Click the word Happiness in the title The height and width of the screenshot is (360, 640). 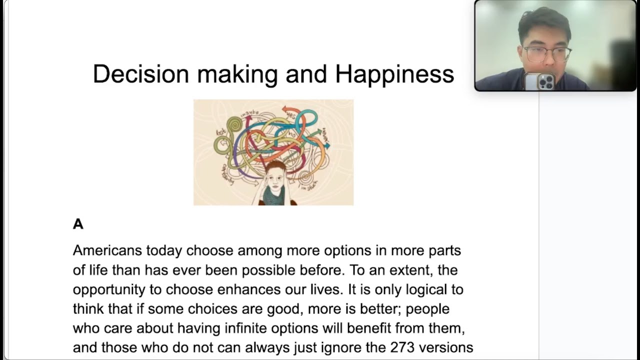coord(394,74)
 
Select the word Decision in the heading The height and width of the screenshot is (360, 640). coord(141,74)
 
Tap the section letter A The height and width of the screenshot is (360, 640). coord(78,224)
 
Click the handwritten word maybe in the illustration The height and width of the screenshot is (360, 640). coord(250,114)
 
